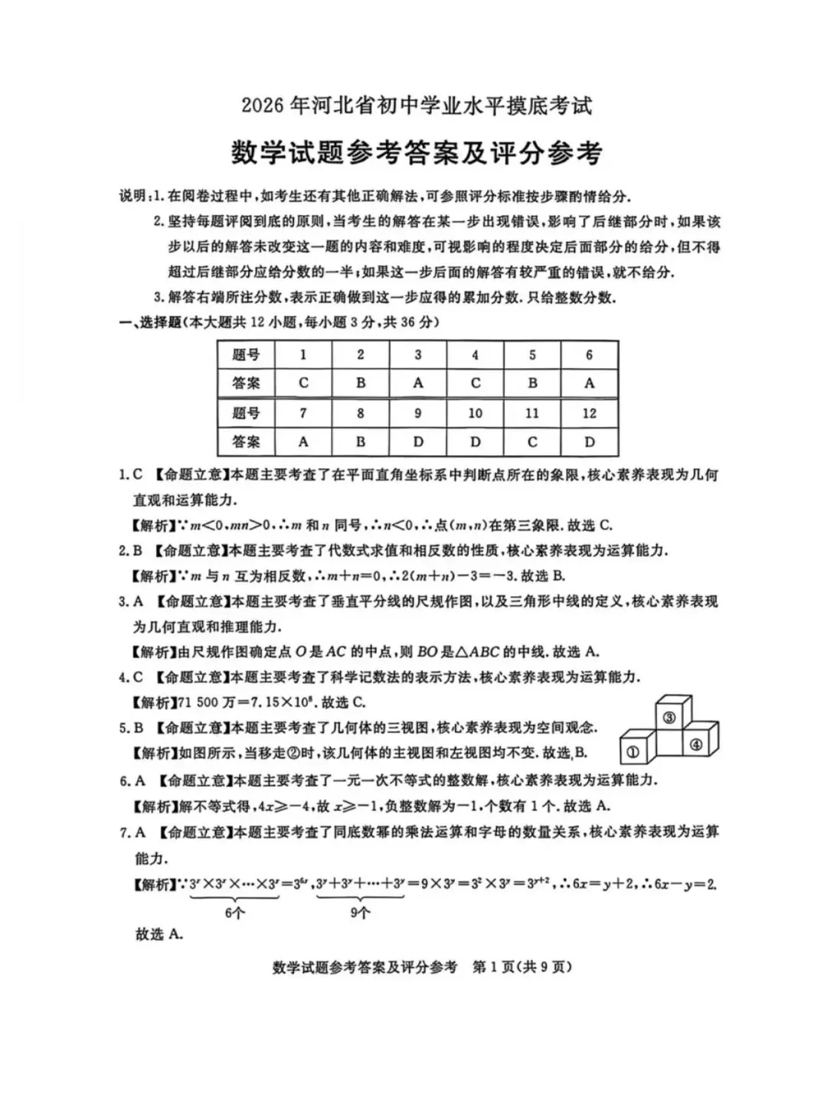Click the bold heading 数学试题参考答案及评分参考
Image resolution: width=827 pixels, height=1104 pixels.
(x=417, y=153)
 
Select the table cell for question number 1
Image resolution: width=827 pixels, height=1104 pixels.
(x=303, y=355)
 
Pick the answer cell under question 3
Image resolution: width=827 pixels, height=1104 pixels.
(x=417, y=383)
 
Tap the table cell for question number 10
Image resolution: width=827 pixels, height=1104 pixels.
(x=475, y=413)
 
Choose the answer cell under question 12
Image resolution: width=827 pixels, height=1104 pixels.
(x=589, y=442)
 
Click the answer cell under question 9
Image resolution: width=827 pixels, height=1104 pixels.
(x=417, y=442)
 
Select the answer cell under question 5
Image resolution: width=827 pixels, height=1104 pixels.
(x=532, y=383)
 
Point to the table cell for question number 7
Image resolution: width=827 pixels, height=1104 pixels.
(x=303, y=413)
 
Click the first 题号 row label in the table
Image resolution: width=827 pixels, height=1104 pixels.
(x=246, y=355)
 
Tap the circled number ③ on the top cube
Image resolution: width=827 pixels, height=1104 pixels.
(x=668, y=717)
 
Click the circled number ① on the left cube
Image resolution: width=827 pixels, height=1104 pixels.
(x=633, y=752)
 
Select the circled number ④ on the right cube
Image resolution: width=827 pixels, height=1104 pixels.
(x=695, y=744)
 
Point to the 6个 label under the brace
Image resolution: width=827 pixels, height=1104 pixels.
(x=235, y=913)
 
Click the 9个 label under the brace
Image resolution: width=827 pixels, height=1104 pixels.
(x=360, y=913)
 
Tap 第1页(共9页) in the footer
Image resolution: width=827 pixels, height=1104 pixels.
(x=523, y=967)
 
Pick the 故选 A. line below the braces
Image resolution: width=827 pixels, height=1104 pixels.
(x=159, y=934)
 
